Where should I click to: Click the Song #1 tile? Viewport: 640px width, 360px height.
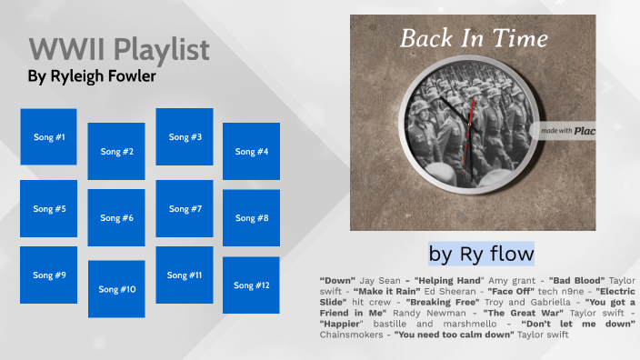tap(48, 137)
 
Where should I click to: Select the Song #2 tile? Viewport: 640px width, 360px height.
tap(116, 151)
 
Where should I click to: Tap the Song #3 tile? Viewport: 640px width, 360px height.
tap(185, 137)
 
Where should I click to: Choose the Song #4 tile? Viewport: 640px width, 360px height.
tap(251, 151)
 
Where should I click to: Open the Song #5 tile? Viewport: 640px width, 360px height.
tap(48, 208)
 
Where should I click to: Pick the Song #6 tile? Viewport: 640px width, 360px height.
tap(116, 218)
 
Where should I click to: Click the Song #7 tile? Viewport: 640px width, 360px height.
tap(185, 208)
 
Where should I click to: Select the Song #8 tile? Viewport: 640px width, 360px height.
tap(251, 218)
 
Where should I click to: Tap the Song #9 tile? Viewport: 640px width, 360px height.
tap(48, 275)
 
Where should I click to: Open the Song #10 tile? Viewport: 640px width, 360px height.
tap(116, 289)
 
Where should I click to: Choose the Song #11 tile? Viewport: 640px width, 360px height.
tap(185, 275)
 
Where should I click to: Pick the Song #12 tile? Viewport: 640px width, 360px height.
tap(251, 285)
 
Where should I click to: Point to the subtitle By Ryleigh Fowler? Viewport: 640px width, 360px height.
tap(91, 77)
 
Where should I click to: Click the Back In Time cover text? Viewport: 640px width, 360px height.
tap(474, 39)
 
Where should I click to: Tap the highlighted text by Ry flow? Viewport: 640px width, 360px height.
tap(481, 252)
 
